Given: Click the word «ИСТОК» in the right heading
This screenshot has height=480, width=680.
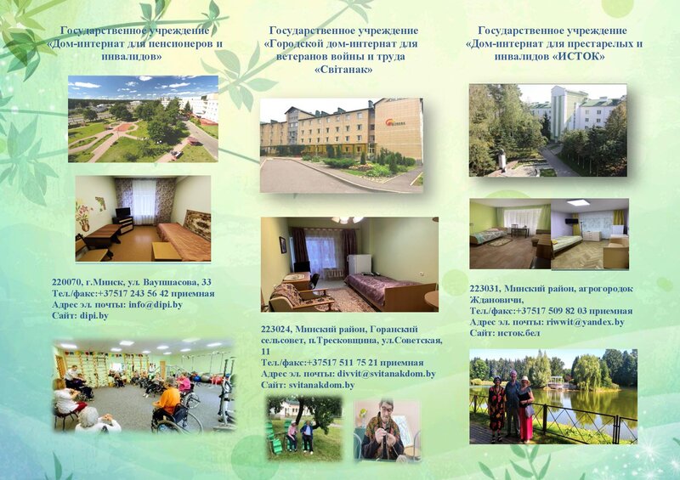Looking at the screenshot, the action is click(579, 56).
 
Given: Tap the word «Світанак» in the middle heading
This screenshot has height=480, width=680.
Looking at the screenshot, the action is click(343, 70).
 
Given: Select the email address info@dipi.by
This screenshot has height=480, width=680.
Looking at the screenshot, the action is click(156, 304).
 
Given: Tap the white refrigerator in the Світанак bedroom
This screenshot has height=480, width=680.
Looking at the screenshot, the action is click(360, 264).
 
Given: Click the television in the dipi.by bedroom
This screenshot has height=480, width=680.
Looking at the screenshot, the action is click(122, 212).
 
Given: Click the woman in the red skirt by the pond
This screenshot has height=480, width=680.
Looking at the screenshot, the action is click(525, 409).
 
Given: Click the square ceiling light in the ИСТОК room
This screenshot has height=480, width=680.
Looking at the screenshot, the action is click(578, 202).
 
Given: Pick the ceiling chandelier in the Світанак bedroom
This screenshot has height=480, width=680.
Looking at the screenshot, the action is click(347, 220).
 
